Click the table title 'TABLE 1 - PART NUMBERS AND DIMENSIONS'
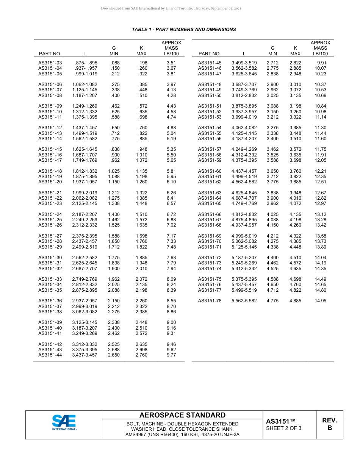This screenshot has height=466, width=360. click(x=184, y=30)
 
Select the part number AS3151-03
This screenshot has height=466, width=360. click(x=50, y=63)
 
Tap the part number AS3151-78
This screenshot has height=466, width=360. click(x=210, y=301)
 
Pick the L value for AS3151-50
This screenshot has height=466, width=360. click(x=244, y=95)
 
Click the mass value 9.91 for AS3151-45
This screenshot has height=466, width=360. click(x=322, y=63)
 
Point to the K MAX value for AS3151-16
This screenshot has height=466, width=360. click(x=141, y=155)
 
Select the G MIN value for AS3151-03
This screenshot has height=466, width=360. click(x=115, y=63)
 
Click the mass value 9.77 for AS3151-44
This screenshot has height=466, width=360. click(x=171, y=355)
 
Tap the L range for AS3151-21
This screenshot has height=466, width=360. click(x=85, y=193)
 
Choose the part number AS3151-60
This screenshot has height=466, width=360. click(x=210, y=171)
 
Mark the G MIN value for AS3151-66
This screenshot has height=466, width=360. click(x=272, y=214)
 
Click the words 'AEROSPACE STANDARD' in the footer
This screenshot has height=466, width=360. click(x=182, y=415)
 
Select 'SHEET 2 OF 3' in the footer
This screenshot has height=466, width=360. click(x=284, y=428)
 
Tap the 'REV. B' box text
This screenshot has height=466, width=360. click(x=329, y=424)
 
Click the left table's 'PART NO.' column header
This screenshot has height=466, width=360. click(x=50, y=54)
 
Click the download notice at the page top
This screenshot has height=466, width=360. click(x=171, y=8)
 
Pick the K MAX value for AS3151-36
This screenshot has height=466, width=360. click(x=141, y=301)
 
